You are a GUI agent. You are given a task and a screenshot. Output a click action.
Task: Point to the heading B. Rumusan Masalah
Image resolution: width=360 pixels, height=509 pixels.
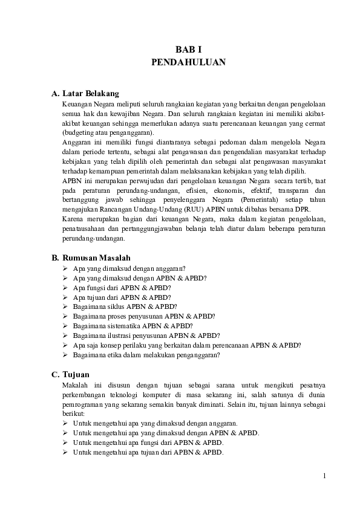(x=91, y=258)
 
